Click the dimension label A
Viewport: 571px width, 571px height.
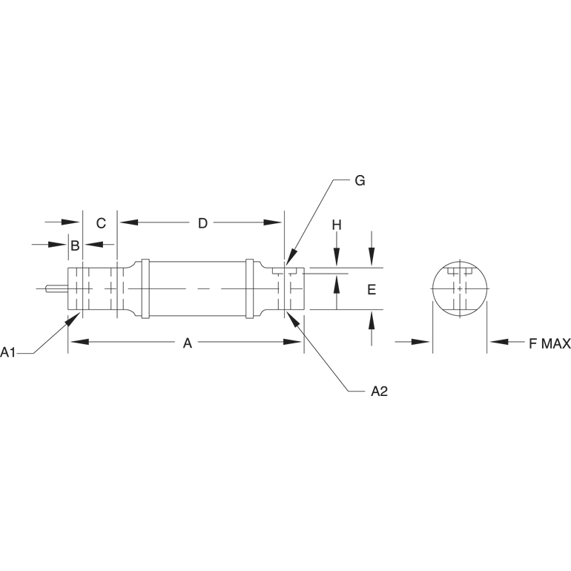188,343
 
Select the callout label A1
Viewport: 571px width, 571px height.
9,352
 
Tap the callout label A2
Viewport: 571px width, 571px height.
379,392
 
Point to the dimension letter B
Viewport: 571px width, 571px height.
75,245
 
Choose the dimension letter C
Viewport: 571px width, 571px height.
102,223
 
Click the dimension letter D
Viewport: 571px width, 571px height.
202,223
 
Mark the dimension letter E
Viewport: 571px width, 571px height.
372,289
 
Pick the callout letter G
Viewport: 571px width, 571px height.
360,181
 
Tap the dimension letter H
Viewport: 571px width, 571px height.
336,224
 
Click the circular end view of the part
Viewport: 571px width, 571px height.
460,289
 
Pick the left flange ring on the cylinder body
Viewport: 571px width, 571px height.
145,288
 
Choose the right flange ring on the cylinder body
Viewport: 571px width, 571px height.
251,288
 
